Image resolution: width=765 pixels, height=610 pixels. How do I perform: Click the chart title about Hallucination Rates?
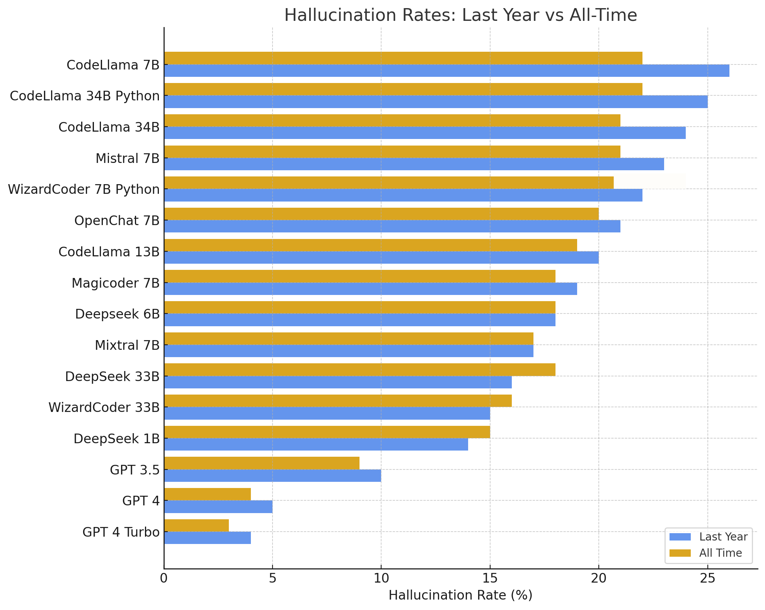[460, 15]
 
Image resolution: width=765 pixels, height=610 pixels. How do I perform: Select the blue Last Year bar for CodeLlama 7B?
[446, 71]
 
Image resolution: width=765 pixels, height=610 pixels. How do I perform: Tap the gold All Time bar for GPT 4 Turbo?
[196, 525]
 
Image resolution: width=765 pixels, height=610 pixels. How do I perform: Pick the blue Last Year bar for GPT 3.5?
[273, 476]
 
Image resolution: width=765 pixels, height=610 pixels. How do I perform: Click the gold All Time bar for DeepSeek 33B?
[359, 369]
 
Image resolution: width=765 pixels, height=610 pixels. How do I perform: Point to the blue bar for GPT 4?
[218, 507]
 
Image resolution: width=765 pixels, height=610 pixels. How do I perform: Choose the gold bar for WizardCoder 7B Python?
[388, 183]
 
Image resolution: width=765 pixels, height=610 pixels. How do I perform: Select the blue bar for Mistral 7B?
[414, 164]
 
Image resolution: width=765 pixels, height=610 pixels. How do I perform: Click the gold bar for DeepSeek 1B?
[327, 432]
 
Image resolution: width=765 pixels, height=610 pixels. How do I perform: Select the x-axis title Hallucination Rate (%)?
[460, 595]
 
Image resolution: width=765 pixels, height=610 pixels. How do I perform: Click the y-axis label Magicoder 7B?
[116, 283]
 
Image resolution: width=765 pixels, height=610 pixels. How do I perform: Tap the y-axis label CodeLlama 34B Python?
[85, 96]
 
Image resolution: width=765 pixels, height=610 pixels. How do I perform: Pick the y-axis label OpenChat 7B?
[117, 220]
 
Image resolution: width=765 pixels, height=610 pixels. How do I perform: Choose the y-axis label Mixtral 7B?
[127, 345]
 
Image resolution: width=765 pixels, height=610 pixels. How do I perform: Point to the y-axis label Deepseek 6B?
[117, 314]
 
